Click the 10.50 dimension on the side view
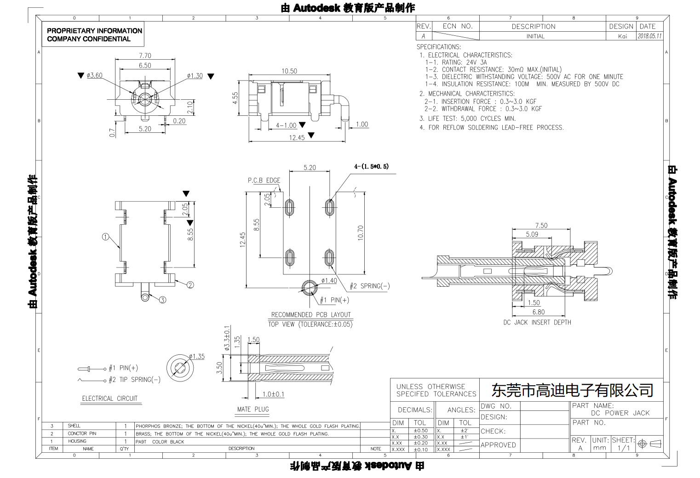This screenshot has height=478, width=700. (289, 71)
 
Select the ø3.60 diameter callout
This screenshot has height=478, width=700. (94, 75)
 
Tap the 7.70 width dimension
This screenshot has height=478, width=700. (145, 56)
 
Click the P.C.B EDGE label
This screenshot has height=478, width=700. (264, 180)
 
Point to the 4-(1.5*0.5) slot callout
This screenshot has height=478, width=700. (371, 166)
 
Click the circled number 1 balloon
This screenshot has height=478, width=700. (105, 237)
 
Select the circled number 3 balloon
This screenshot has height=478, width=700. (162, 300)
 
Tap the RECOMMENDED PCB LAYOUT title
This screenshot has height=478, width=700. (311, 315)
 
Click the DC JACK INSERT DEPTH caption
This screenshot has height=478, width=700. (537, 323)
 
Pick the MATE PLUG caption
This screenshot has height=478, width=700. (253, 409)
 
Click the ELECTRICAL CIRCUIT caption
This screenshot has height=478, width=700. (109, 398)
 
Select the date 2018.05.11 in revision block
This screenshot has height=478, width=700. (649, 36)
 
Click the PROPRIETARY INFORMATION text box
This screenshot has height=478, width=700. (94, 35)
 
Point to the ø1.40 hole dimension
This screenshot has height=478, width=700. (329, 281)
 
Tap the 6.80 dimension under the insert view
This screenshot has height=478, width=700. (538, 312)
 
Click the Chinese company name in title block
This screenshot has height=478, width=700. (572, 391)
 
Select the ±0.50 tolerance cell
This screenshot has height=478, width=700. (420, 431)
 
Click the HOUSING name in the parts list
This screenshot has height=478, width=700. (77, 441)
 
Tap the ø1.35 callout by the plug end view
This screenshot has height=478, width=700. (197, 357)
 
